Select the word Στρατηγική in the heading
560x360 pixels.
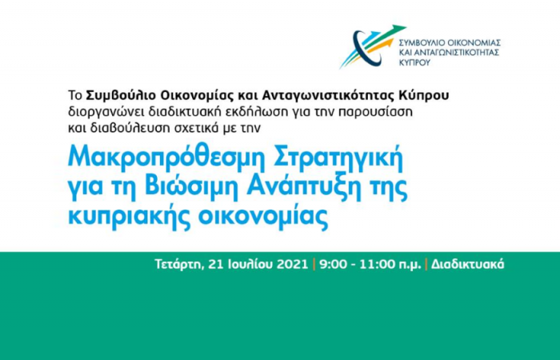tap(338, 159)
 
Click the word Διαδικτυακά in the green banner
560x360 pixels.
tap(467, 265)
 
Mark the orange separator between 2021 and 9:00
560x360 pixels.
tap(314, 264)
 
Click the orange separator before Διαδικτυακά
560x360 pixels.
tap(426, 264)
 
